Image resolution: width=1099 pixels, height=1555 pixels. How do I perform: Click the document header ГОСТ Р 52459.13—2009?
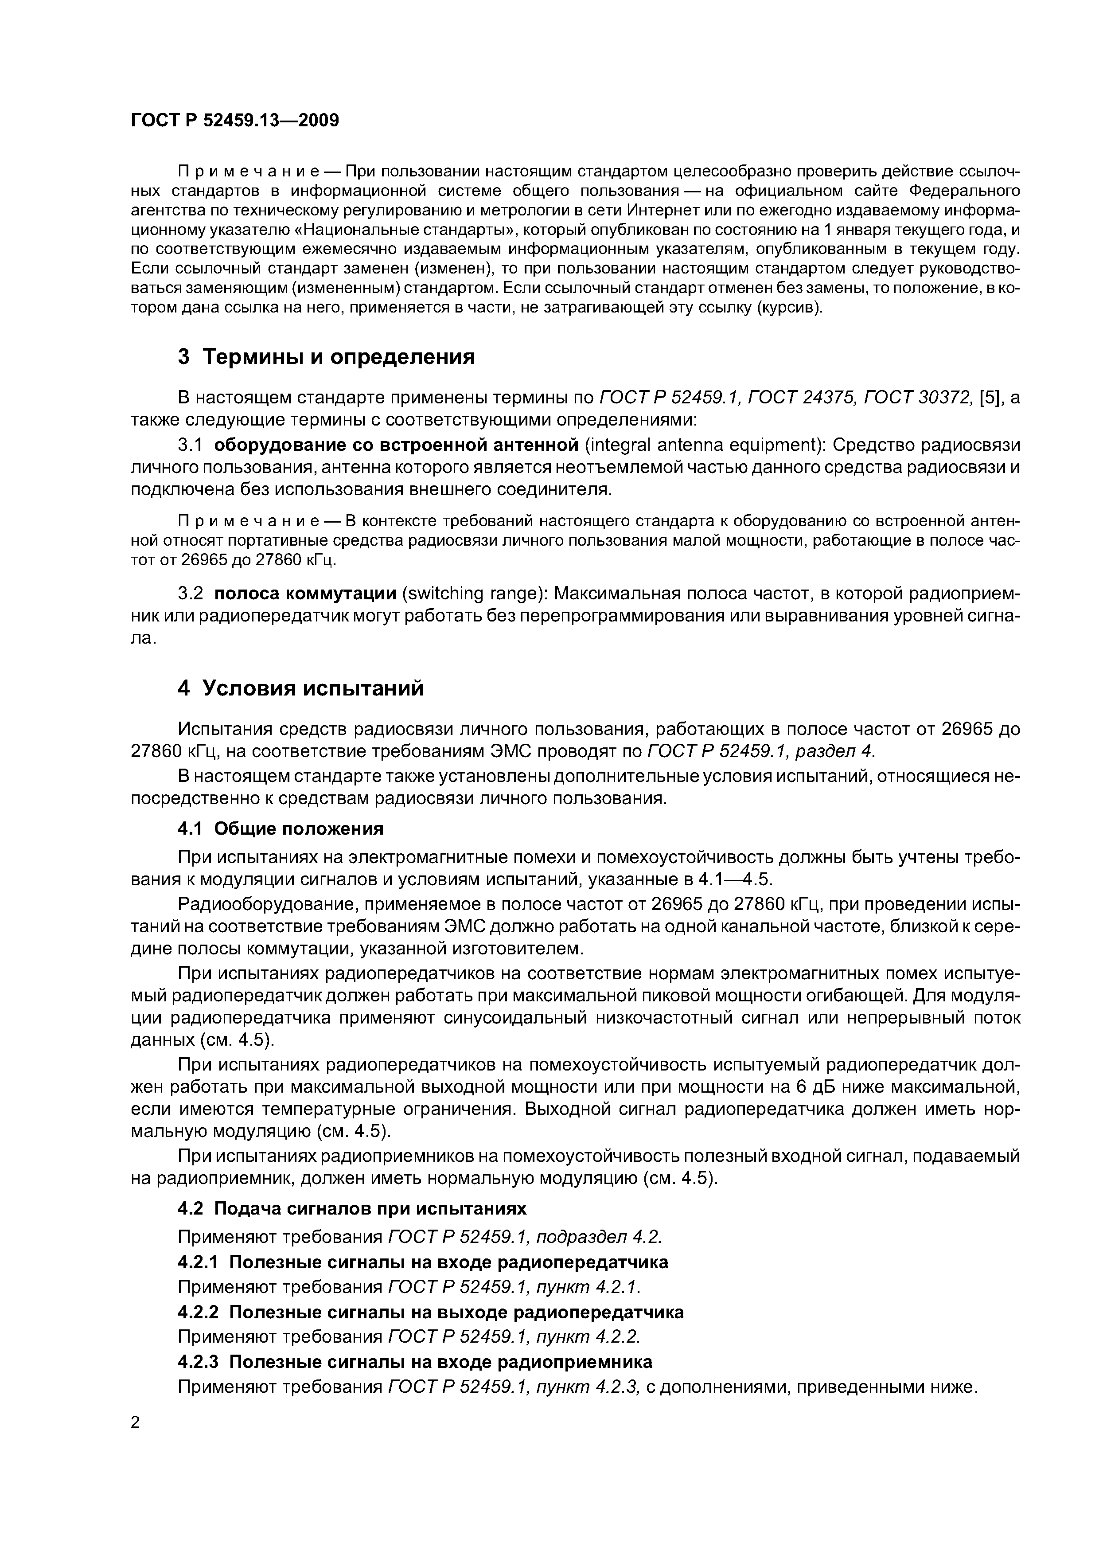coord(234,121)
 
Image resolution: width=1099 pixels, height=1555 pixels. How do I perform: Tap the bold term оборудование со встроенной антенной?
coord(396,445)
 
